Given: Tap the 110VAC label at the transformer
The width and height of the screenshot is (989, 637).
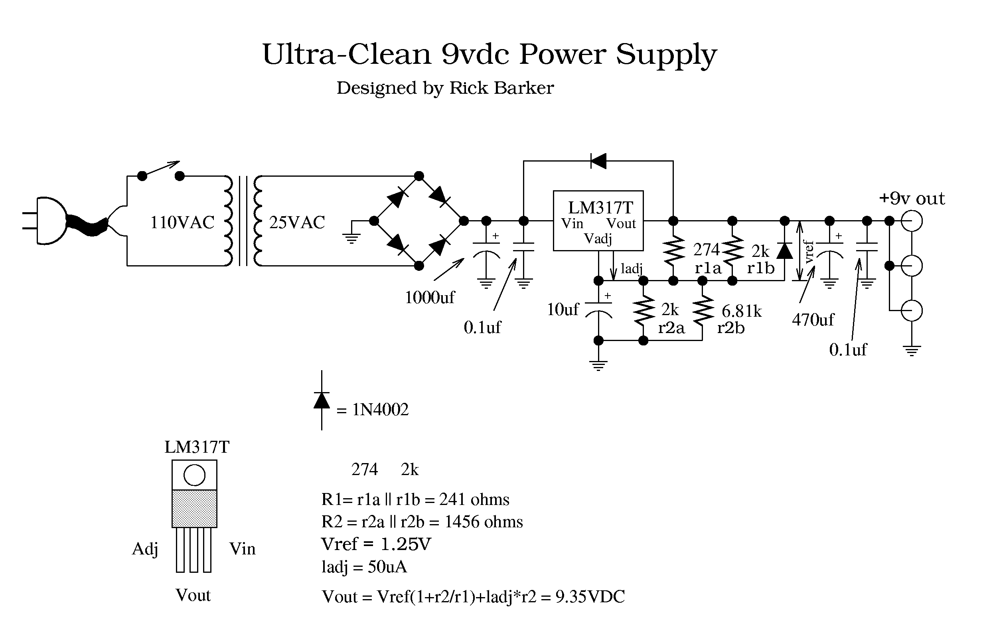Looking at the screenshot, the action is [182, 223].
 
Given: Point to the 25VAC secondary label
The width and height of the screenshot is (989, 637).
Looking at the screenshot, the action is [297, 223].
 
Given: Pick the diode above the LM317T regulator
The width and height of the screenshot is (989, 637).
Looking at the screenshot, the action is [598, 161].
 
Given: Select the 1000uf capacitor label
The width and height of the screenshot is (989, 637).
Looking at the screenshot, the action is [429, 298].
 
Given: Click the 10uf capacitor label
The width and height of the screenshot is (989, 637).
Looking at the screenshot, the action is [563, 310].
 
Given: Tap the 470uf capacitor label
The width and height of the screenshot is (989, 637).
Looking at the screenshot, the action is [813, 320].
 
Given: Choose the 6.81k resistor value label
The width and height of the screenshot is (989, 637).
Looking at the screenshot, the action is [742, 311].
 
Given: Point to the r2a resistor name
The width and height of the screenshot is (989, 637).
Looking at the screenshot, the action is [671, 328].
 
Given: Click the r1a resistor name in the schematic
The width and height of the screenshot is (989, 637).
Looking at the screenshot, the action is [708, 268].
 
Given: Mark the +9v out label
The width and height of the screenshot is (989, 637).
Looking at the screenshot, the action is [912, 199].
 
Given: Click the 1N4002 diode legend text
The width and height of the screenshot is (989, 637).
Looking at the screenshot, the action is [380, 410].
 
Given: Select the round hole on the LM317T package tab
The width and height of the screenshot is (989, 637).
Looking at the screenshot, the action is [194, 475].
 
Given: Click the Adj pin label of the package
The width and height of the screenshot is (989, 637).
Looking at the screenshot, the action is [145, 549].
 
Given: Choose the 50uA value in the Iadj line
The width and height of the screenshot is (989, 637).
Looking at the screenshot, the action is [387, 567].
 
